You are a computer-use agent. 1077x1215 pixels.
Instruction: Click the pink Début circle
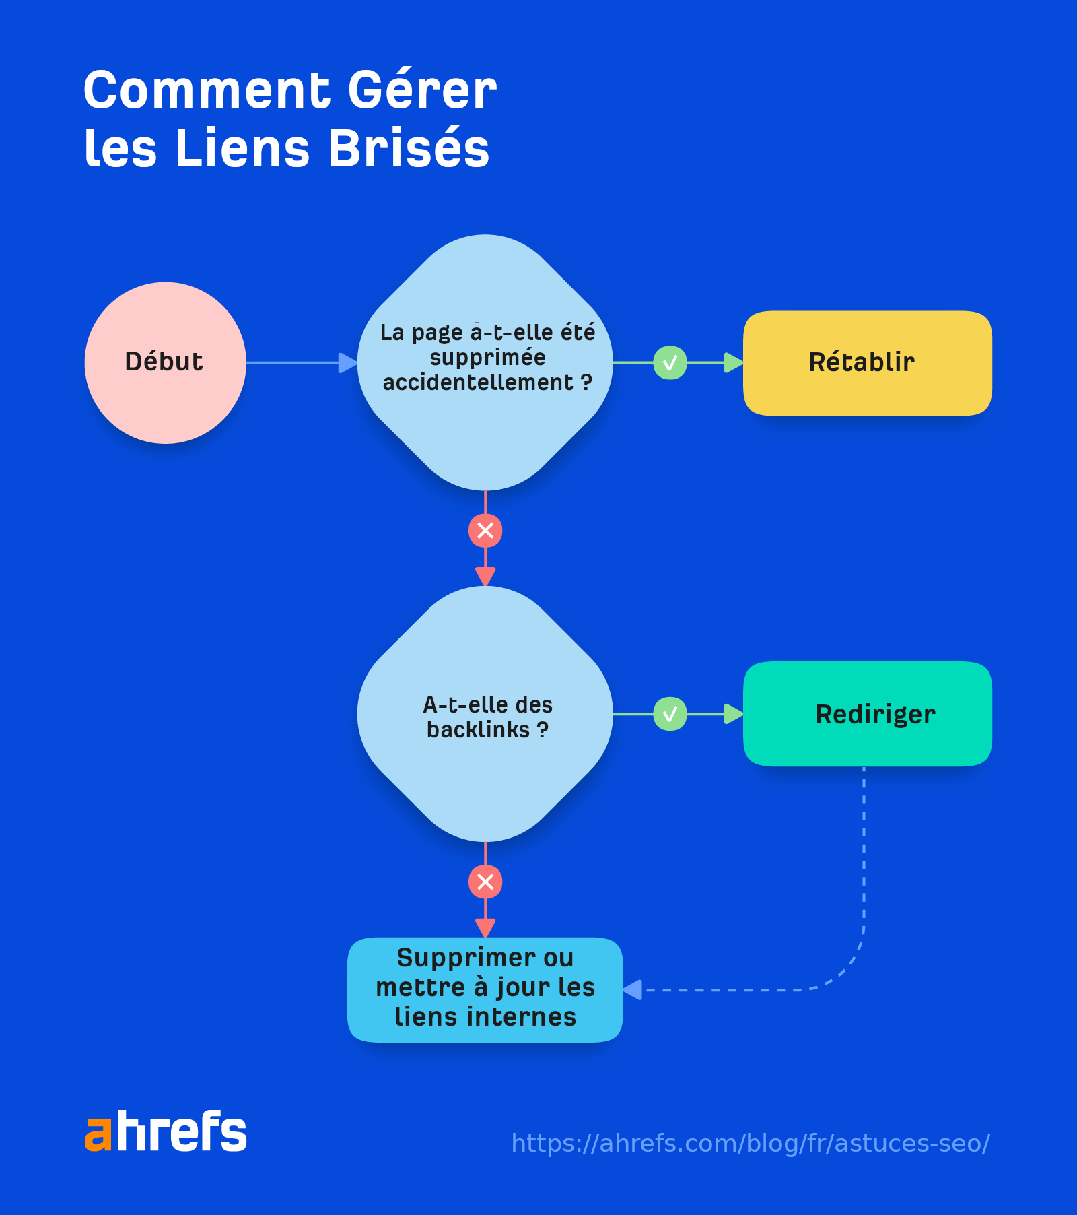[x=165, y=362]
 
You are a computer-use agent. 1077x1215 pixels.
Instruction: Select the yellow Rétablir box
[x=867, y=363]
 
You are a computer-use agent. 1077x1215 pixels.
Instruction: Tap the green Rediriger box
[x=867, y=714]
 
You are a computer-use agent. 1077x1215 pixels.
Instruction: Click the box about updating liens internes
[x=485, y=989]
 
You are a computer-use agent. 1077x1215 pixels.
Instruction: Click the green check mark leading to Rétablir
[x=670, y=363]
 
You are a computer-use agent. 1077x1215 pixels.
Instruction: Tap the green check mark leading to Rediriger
[x=670, y=714]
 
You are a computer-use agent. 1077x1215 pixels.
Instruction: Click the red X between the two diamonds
[x=485, y=531]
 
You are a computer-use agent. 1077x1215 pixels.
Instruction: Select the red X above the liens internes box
[x=485, y=882]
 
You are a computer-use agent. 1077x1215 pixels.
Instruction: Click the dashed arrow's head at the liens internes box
[x=633, y=990]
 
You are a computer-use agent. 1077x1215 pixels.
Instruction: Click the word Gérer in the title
[x=422, y=91]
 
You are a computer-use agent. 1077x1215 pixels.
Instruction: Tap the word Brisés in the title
[x=409, y=149]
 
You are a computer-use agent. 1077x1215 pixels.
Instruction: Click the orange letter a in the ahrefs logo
[x=98, y=1133]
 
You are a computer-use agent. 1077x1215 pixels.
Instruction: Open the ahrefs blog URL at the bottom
[x=750, y=1144]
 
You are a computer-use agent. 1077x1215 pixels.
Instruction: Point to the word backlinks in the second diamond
[x=478, y=730]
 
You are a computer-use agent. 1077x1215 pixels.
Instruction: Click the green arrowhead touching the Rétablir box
[x=733, y=363]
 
